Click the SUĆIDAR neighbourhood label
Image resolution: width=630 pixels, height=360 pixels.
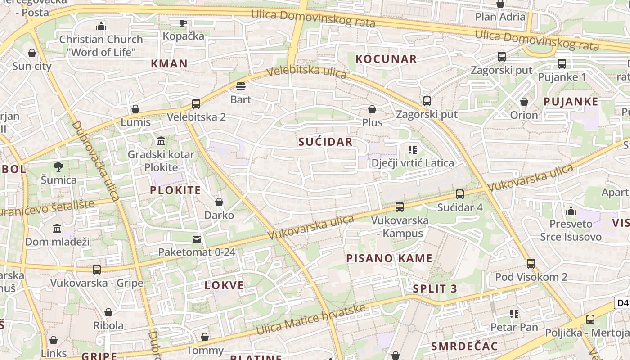(x=325, y=142)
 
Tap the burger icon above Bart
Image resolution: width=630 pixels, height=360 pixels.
(x=241, y=86)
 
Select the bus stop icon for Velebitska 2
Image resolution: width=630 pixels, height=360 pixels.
(x=196, y=104)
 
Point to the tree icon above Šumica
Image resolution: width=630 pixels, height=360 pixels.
(x=58, y=167)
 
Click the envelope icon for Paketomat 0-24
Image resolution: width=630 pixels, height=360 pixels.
(x=197, y=239)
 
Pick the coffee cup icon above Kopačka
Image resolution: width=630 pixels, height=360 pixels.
(x=183, y=23)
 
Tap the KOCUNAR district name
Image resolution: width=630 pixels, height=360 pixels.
(x=386, y=59)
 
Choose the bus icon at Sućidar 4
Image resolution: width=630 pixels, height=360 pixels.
(x=459, y=194)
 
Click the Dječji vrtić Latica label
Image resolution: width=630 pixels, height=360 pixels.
(x=413, y=163)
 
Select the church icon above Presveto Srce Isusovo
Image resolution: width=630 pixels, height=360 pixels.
(x=571, y=211)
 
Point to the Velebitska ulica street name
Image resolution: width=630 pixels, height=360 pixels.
(x=306, y=72)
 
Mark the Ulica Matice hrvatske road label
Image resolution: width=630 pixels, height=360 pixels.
(x=310, y=319)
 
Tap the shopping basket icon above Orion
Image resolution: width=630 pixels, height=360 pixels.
(x=524, y=102)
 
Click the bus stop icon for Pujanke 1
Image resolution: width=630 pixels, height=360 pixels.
(x=562, y=64)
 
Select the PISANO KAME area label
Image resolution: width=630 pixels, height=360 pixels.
(x=389, y=258)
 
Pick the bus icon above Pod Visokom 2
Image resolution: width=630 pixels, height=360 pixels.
(x=531, y=264)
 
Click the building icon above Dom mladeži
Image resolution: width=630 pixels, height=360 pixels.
(x=57, y=229)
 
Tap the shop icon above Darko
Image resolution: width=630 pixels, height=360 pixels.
(x=219, y=202)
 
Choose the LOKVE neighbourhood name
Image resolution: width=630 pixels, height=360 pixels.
(x=224, y=285)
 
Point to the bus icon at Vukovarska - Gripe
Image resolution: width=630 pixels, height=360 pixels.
(x=97, y=270)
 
